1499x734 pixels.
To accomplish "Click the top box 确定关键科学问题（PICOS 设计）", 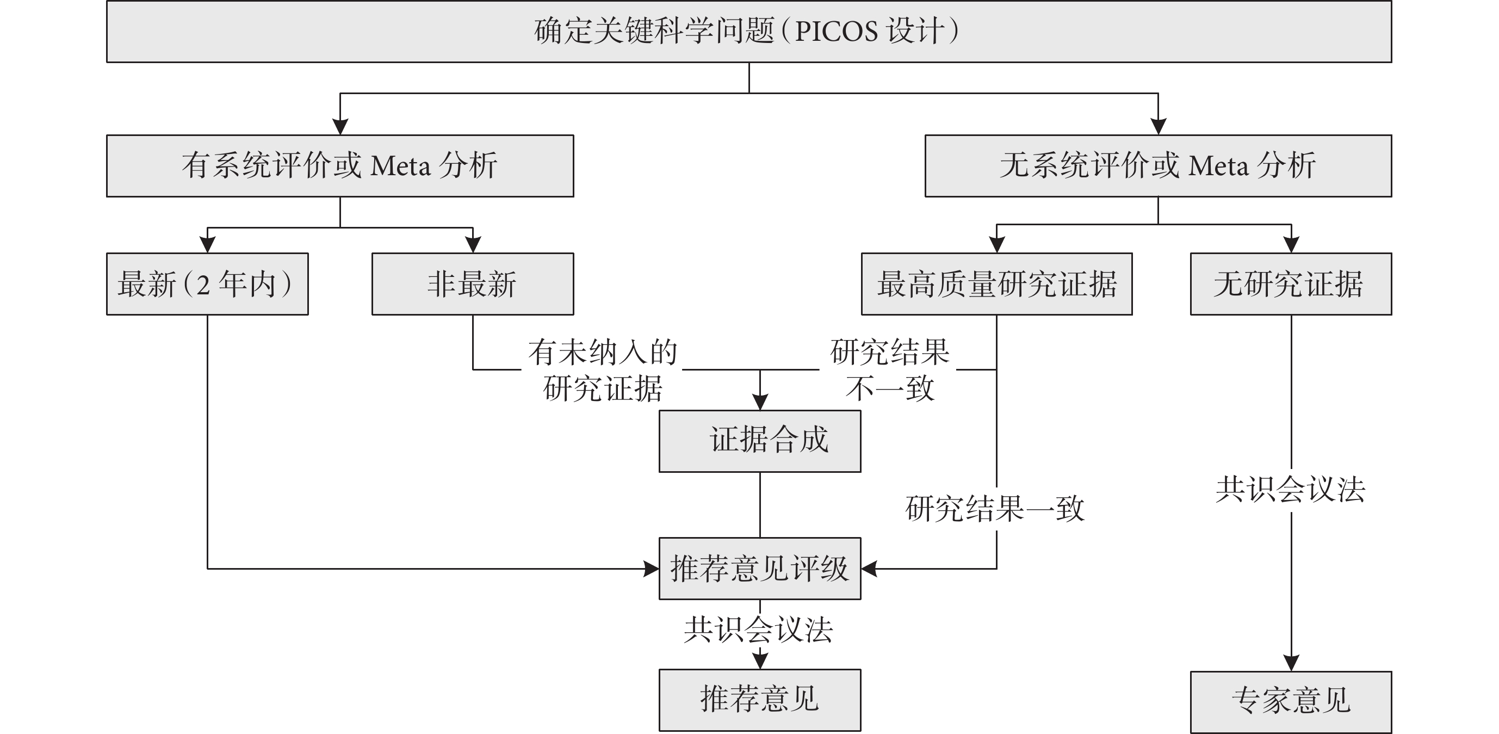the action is pyautogui.click(x=749, y=32).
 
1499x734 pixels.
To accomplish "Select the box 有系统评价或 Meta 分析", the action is pyautogui.click(x=340, y=166).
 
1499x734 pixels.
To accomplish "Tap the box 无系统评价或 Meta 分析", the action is pyautogui.click(x=1158, y=166).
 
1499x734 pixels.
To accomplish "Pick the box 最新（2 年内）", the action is pyautogui.click(x=207, y=284).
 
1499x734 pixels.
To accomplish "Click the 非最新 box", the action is pyautogui.click(x=473, y=284).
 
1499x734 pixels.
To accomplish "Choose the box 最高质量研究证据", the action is pyautogui.click(x=997, y=284).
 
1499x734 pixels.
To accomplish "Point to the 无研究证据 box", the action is pyautogui.click(x=1291, y=284).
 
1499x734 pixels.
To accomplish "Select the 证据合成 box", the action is pyautogui.click(x=760, y=441).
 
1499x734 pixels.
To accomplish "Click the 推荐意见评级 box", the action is pyautogui.click(x=760, y=569).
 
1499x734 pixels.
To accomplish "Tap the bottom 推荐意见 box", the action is pyautogui.click(x=760, y=700).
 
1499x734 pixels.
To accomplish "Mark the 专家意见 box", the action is pyautogui.click(x=1291, y=701).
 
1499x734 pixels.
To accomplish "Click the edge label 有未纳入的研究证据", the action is pyautogui.click(x=603, y=370).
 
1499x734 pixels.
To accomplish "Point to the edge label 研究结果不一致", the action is pyautogui.click(x=890, y=370).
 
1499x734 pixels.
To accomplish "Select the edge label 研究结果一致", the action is pyautogui.click(x=995, y=509).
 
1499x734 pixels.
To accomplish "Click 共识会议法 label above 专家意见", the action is pyautogui.click(x=1291, y=489).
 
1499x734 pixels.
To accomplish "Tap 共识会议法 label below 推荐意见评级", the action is pyautogui.click(x=759, y=629).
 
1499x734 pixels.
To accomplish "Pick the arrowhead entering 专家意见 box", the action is pyautogui.click(x=1291, y=663).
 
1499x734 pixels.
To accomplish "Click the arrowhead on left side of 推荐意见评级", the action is pyautogui.click(x=651, y=569).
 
